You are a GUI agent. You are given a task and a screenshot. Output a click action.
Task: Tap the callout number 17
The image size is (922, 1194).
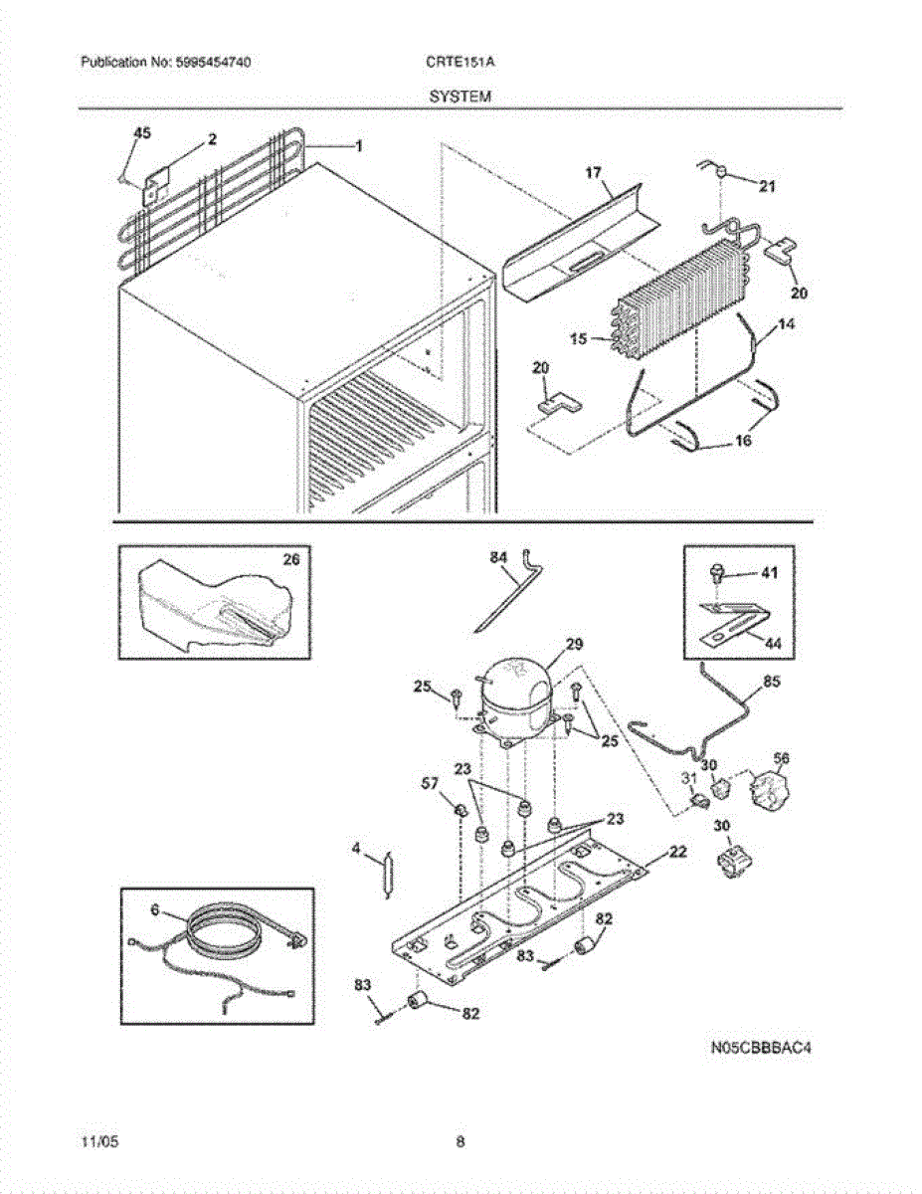(x=593, y=173)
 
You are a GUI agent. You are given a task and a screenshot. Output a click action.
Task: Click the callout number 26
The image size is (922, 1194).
(x=290, y=560)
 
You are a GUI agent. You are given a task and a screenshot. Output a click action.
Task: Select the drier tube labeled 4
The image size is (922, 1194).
(x=388, y=876)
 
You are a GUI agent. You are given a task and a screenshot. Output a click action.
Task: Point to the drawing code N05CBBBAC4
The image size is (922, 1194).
(x=755, y=1047)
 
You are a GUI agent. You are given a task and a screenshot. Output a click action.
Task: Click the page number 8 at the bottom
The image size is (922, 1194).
(x=461, y=1141)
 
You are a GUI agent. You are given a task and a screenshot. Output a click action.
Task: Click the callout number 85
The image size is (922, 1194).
(x=772, y=683)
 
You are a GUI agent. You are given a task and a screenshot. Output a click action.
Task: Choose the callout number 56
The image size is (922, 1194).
(x=782, y=758)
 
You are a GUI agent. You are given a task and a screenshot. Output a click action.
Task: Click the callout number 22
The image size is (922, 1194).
(x=677, y=851)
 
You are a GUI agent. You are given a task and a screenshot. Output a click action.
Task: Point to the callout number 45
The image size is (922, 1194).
(x=142, y=132)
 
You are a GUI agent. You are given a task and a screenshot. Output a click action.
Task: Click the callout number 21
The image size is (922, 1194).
(x=767, y=185)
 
